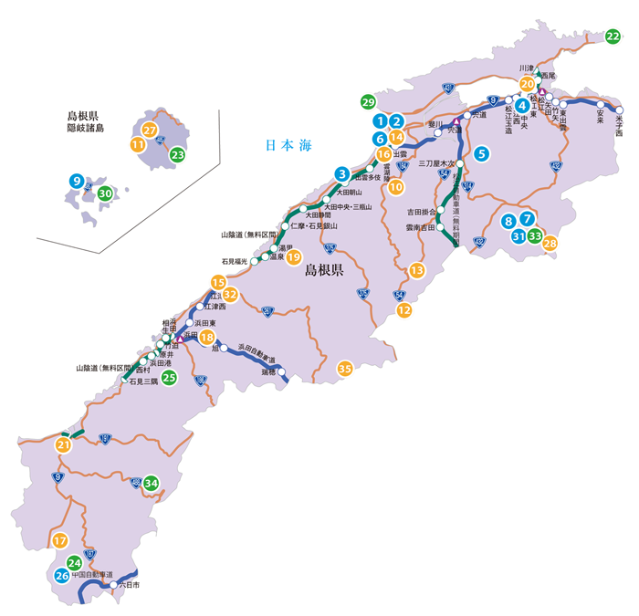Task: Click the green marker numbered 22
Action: coord(613,36)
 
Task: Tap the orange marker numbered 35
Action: coord(345,369)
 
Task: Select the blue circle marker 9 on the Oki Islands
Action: coord(77,182)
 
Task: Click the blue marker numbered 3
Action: coord(341,173)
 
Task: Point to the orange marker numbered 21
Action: coord(63,445)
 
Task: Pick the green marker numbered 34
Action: coord(152,483)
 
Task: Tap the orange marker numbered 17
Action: coord(60,540)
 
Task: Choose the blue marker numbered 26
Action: coord(61,576)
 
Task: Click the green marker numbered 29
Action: coord(368,101)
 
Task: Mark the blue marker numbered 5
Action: coord(481,154)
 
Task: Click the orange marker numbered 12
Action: coord(403,310)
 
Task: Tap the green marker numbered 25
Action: coord(169,377)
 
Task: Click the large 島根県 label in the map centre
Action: coord(323,270)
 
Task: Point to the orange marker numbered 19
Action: coord(293,257)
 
